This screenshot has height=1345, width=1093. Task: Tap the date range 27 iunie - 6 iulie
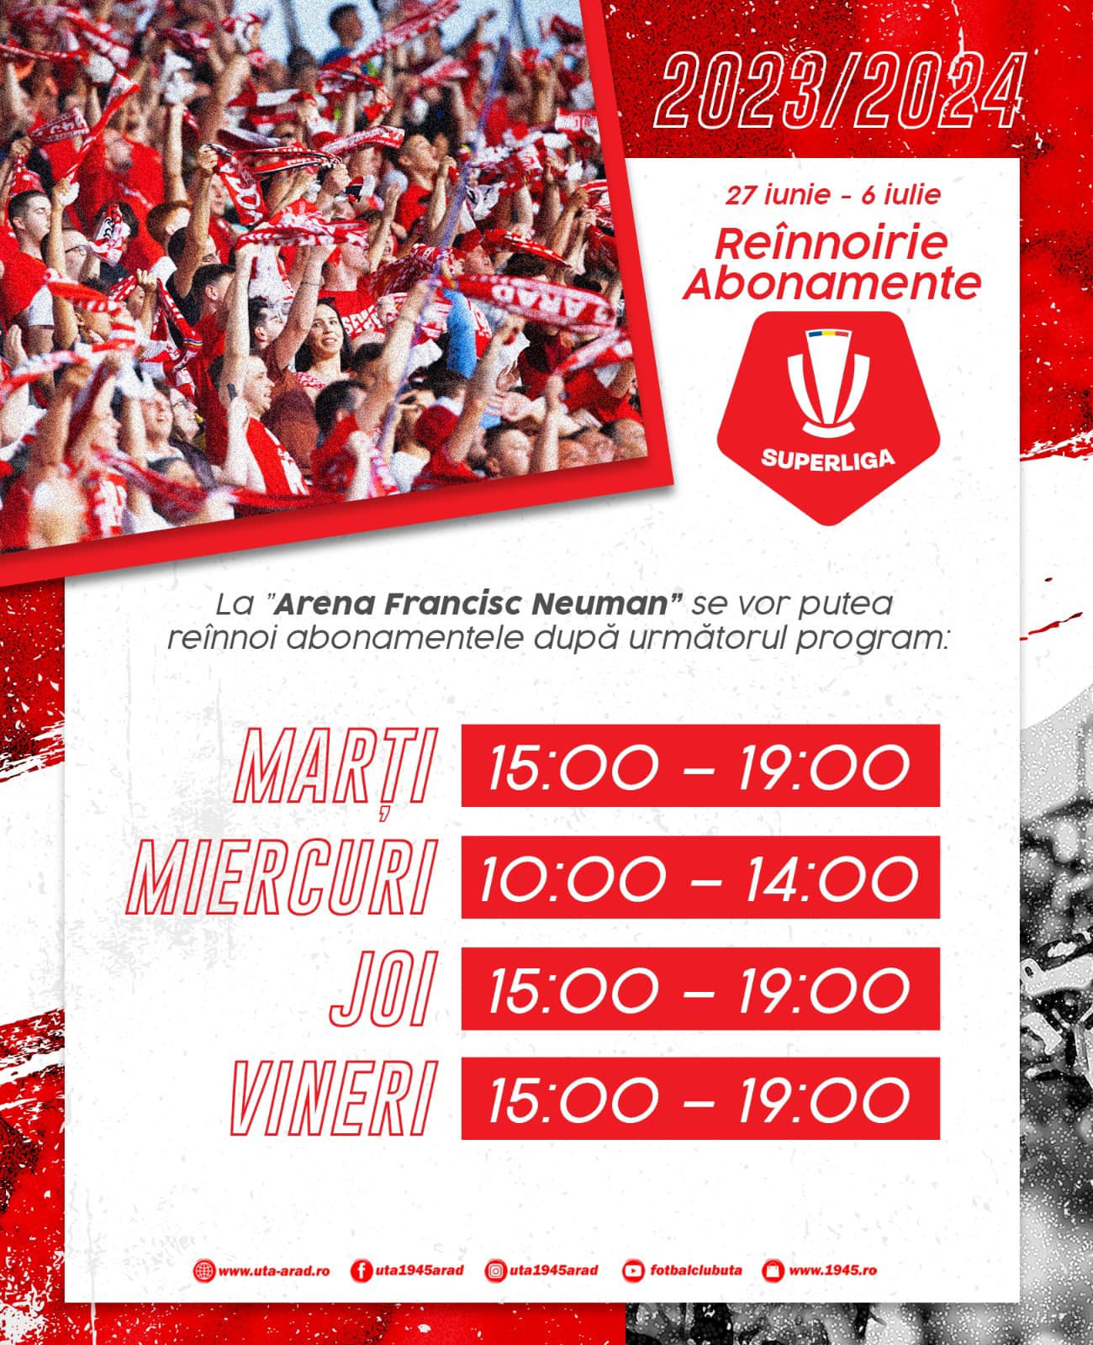click(832, 195)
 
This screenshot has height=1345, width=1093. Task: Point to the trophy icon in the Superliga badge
click(828, 384)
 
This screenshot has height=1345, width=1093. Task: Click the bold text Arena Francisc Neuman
click(472, 604)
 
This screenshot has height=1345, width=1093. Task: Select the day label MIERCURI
click(281, 877)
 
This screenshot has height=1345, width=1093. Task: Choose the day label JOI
click(384, 989)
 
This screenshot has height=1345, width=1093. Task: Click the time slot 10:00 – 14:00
click(700, 877)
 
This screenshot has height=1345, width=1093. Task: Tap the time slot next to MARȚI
click(700, 765)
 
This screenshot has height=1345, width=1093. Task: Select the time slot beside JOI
click(700, 989)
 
